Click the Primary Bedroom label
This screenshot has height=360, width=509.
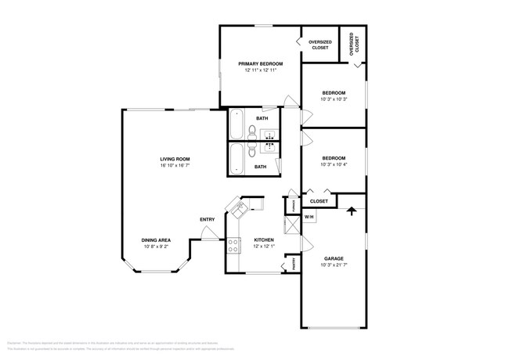(x=261, y=63)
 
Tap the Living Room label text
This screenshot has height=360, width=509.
(x=175, y=159)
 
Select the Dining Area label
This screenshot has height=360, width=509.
(x=157, y=240)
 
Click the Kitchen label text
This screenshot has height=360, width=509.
(x=263, y=240)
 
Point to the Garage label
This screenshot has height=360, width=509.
(x=334, y=258)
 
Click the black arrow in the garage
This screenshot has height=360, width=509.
(x=352, y=210)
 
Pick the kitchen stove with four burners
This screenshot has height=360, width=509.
(x=233, y=246)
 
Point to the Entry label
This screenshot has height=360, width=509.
(x=208, y=219)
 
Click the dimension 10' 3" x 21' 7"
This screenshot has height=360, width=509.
(x=334, y=265)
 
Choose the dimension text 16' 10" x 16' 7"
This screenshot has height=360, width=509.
(x=175, y=166)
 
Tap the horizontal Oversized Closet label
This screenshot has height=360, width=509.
(x=320, y=45)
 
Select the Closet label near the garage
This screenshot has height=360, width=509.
(x=319, y=201)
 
